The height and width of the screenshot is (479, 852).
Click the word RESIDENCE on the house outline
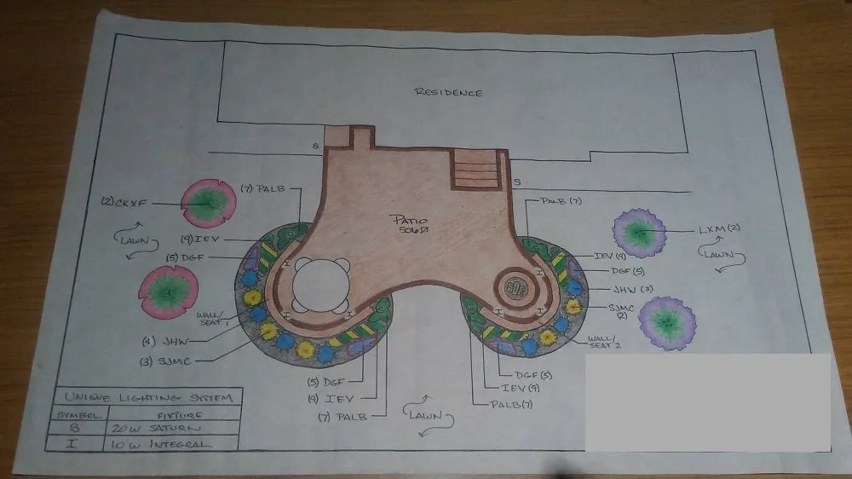click(x=448, y=92)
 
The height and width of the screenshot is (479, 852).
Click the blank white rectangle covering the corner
click(x=707, y=401)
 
